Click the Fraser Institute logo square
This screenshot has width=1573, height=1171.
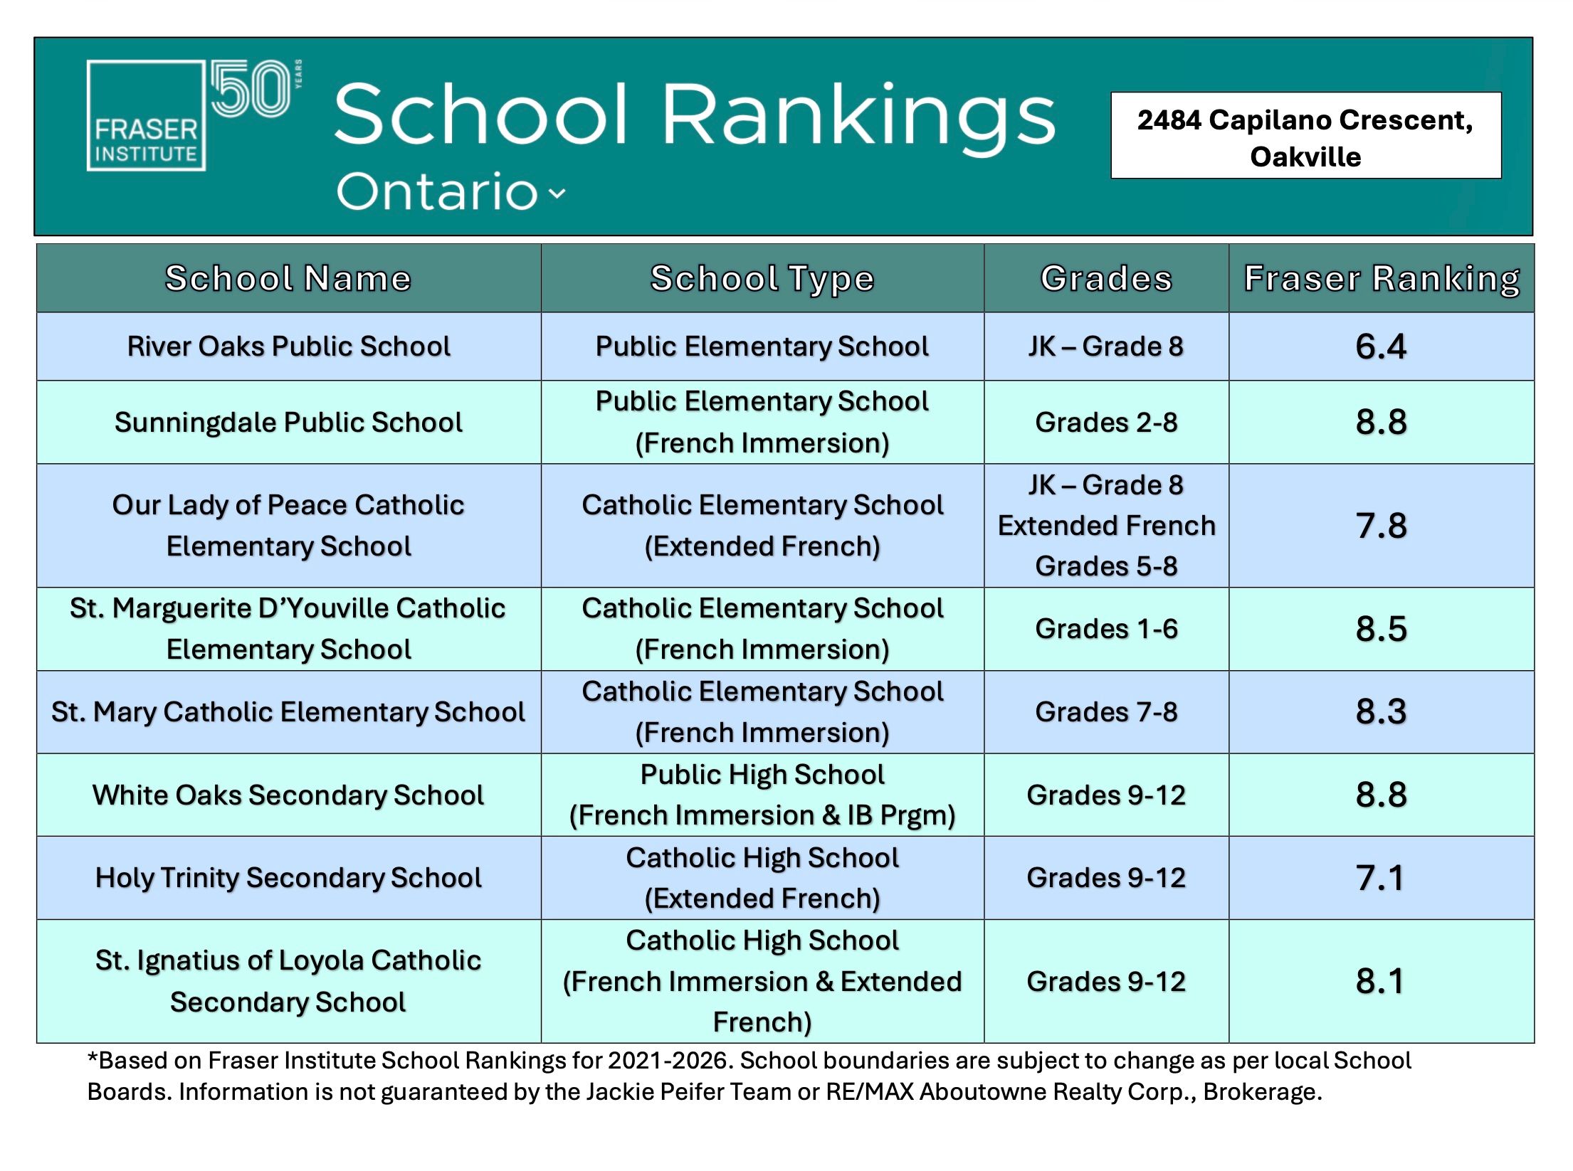coord(146,116)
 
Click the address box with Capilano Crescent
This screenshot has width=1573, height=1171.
coord(1305,136)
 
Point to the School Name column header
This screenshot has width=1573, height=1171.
coord(288,278)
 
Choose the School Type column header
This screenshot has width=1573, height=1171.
coord(762,278)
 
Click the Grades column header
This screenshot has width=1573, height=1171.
coord(1106,278)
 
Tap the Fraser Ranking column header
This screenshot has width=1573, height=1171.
coord(1382,278)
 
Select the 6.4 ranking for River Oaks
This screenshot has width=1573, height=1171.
coord(1381,346)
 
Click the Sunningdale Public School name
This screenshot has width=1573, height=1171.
coord(288,423)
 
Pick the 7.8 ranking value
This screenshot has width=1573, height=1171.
coord(1381,526)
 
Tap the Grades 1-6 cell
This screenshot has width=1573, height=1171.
coord(1106,629)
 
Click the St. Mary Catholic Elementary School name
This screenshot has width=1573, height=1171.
coord(288,712)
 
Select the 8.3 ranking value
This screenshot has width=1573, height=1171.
coord(1381,712)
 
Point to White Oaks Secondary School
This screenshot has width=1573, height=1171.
coord(288,795)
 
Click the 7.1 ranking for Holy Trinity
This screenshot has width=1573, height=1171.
coord(1381,878)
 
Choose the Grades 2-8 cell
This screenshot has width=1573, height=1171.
coord(1106,423)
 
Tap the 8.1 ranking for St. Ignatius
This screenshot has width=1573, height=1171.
coord(1381,982)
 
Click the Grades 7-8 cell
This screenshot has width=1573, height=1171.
coord(1106,712)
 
